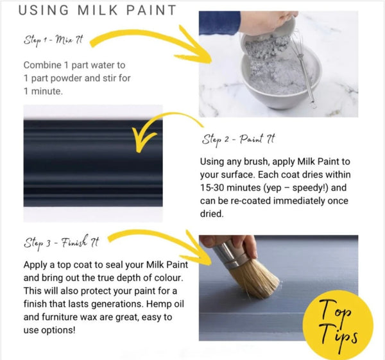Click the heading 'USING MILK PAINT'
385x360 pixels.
[98, 10]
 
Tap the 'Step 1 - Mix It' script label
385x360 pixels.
[53, 40]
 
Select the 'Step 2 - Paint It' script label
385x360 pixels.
[238, 140]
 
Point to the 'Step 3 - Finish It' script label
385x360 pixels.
[62, 243]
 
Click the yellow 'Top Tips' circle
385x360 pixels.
[338, 325]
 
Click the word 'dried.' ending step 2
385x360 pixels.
[212, 214]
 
